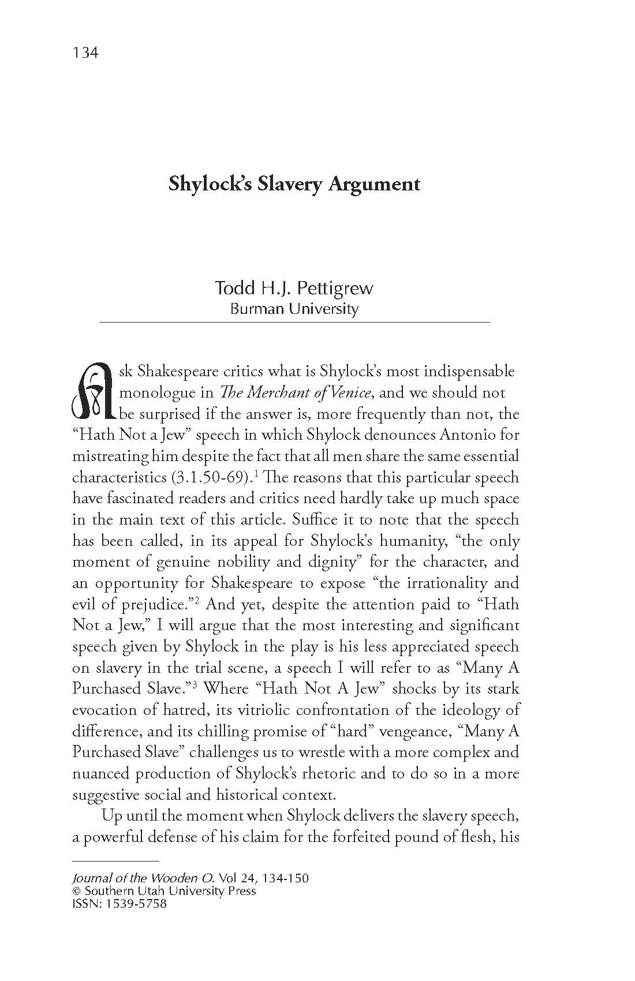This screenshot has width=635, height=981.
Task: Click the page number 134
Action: (x=86, y=53)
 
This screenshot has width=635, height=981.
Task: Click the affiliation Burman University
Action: (x=294, y=309)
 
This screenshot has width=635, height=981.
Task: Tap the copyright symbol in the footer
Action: (x=76, y=891)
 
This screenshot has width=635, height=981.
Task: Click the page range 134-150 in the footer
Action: (x=285, y=878)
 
